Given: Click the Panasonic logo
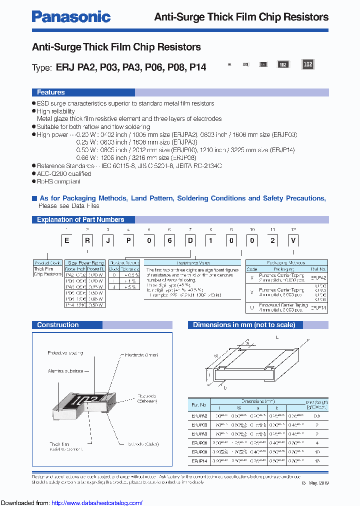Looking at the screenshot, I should point(71,16).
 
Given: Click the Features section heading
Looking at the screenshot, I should point(50,92).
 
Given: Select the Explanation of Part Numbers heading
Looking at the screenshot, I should point(80,219).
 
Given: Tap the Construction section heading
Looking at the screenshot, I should point(57,325).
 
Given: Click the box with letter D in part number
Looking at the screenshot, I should point(190,240).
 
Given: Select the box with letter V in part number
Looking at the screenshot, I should point(294,240).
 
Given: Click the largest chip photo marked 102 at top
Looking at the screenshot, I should point(308,64).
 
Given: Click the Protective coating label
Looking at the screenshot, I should point(65,353).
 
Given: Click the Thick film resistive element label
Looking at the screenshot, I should point(61,446).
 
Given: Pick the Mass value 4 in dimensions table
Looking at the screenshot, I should point(317,442).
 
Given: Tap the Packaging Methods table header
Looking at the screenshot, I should point(286,262).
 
